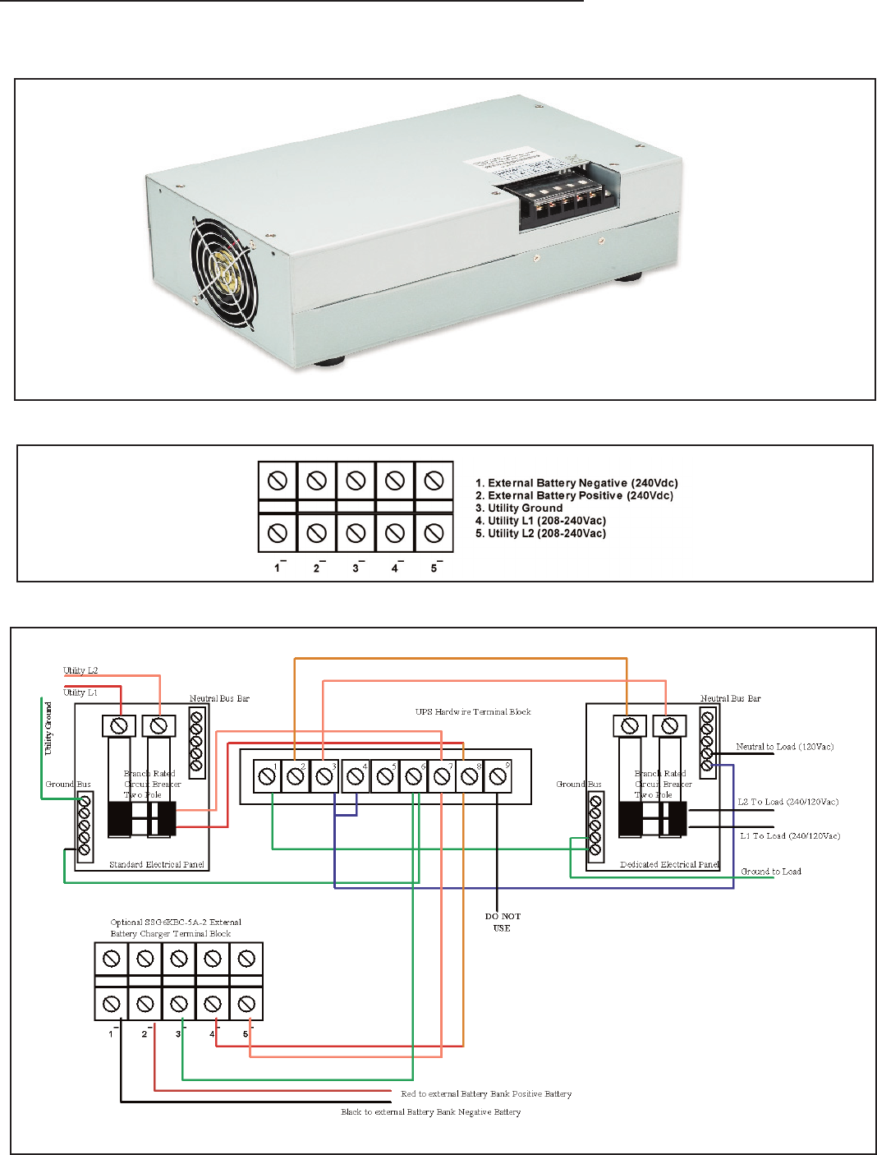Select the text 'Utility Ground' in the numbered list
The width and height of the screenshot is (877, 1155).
(525, 508)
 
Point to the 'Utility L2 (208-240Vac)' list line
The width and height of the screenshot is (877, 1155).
(546, 534)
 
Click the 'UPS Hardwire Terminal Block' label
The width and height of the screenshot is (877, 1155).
(473, 712)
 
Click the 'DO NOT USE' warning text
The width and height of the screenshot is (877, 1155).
(502, 923)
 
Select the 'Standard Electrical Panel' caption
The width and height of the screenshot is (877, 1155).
(157, 865)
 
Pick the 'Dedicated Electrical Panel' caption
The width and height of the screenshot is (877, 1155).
(669, 865)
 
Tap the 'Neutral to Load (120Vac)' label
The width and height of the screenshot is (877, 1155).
(784, 747)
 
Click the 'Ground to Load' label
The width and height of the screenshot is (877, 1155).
(771, 872)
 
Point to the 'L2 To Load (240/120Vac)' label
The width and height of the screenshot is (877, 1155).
(787, 802)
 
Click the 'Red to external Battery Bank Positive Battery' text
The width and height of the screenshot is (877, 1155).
(486, 1094)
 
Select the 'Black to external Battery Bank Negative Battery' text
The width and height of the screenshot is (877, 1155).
(431, 1112)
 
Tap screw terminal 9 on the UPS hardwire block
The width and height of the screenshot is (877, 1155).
(497, 776)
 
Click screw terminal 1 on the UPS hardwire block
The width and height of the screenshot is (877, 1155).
(267, 776)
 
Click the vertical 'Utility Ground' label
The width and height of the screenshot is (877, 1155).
(48, 728)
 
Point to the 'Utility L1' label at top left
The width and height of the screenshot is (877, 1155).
(80, 693)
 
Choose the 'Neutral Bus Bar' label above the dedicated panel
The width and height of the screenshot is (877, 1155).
(730, 699)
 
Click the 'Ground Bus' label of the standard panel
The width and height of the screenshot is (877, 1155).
(68, 785)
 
